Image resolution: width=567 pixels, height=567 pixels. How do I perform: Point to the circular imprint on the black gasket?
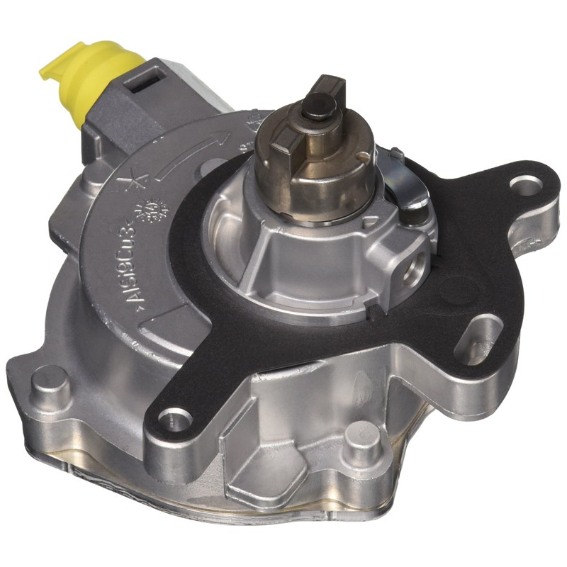(x=454, y=288)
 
